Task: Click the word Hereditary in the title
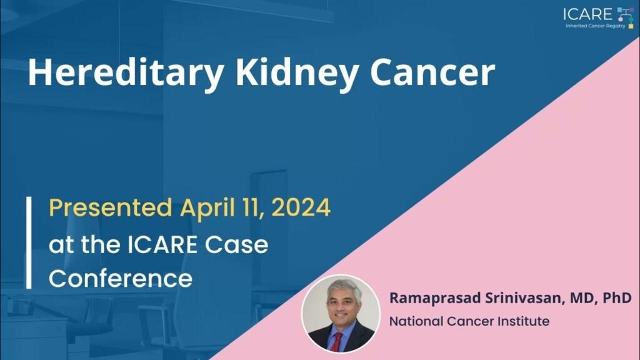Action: (125, 73)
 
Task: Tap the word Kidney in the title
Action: (297, 73)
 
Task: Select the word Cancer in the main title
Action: (432, 72)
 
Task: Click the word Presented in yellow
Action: (110, 207)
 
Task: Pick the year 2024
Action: (301, 207)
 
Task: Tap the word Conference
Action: (121, 278)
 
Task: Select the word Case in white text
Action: (236, 244)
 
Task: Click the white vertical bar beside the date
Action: (29, 242)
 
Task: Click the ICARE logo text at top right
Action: (587, 14)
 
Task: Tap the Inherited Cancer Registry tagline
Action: (595, 26)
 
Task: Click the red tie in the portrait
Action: (337, 342)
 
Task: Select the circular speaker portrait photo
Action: (341, 313)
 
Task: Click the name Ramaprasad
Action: (435, 298)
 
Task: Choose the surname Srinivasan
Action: (524, 298)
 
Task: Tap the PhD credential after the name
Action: (617, 297)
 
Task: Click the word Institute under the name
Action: (525, 321)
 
